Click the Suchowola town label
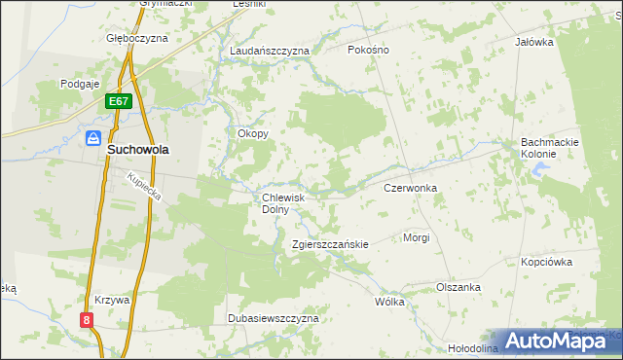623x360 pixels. tap(137, 152)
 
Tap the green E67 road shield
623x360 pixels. tap(119, 100)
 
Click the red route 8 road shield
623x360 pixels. tap(87, 319)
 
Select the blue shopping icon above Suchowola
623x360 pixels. tap(94, 138)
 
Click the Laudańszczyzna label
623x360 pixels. tap(270, 50)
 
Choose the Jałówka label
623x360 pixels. tap(534, 43)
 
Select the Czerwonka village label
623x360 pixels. tap(410, 187)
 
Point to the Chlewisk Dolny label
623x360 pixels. tap(283, 202)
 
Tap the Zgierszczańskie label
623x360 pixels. tap(330, 244)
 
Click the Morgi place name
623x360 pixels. tap(417, 237)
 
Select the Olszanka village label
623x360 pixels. tap(458, 287)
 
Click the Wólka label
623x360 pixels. tap(389, 302)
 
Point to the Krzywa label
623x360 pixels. tap(113, 301)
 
